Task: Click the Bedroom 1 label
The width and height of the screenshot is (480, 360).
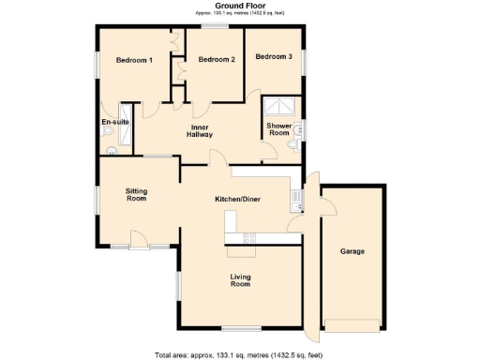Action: click(134, 61)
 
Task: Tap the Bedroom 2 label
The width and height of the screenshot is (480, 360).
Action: click(216, 61)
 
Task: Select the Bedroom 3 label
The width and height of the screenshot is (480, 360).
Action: click(274, 57)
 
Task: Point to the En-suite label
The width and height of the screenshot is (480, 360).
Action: click(114, 122)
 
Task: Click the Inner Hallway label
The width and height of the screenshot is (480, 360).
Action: click(200, 131)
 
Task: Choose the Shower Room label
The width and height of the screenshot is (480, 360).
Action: click(279, 129)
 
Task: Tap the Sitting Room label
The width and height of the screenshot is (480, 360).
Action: click(137, 194)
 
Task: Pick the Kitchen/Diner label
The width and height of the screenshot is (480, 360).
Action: click(238, 199)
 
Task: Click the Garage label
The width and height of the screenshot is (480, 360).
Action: click(352, 252)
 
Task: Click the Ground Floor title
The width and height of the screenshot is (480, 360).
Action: click(241, 6)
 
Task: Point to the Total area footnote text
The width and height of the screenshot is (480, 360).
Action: click(241, 355)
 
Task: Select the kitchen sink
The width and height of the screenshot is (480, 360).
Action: click(295, 197)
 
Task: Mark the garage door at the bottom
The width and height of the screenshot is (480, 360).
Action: click(352, 326)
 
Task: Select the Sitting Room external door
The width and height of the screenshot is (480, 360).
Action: click(137, 247)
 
